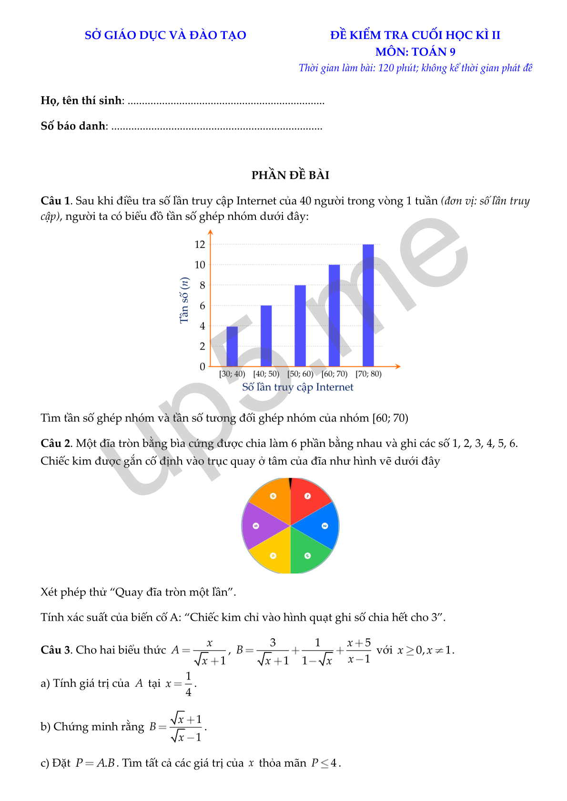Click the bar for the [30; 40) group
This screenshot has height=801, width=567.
pos(232,346)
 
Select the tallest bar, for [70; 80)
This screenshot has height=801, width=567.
pos(368,305)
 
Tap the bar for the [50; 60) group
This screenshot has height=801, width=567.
pos(300,326)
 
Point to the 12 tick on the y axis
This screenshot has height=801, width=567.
pos(200,245)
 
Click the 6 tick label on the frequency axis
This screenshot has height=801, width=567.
pos(202,306)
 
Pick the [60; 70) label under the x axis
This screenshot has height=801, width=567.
pos(334,374)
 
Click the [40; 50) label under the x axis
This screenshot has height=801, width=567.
pos(266,374)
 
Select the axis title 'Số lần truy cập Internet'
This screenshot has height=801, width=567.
pos(298,387)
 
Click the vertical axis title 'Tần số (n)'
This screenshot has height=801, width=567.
pos(184,300)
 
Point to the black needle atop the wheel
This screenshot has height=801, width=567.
pos(290,483)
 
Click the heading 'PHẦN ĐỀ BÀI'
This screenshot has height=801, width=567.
pos(290,175)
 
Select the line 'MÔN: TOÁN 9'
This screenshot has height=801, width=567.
pos(415,52)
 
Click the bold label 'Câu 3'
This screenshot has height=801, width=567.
pos(55,650)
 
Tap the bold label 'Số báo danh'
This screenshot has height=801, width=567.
pos(73,126)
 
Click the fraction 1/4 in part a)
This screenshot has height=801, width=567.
pos(189,684)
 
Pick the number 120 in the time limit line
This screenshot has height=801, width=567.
pos(386,68)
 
